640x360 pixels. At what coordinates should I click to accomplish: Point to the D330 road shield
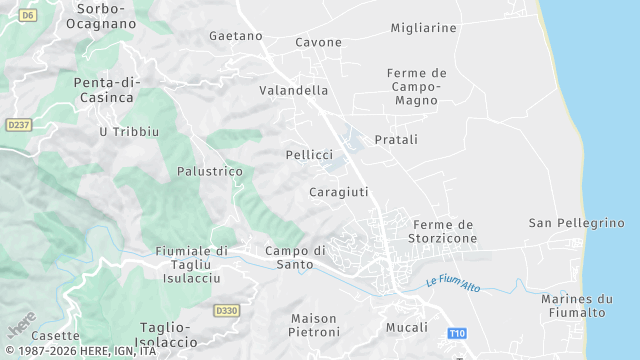tap(227, 311)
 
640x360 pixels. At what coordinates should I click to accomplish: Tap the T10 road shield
tap(457, 333)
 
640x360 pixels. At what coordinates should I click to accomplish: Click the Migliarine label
tap(423, 28)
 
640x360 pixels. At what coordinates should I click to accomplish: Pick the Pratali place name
tap(396, 140)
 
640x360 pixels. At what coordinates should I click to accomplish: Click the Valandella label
tap(294, 90)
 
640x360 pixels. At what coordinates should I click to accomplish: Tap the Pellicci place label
tap(309, 155)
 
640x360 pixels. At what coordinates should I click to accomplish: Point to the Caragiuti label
tap(339, 191)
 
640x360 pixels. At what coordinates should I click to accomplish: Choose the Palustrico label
tap(210, 171)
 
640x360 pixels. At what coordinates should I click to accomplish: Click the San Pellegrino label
tap(576, 222)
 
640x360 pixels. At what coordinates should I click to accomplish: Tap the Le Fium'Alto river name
tap(453, 283)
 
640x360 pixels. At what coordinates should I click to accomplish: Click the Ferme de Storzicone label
tap(443, 232)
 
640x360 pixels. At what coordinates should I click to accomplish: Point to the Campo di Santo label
tap(296, 257)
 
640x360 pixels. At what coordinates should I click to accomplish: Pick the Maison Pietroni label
tap(313, 324)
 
